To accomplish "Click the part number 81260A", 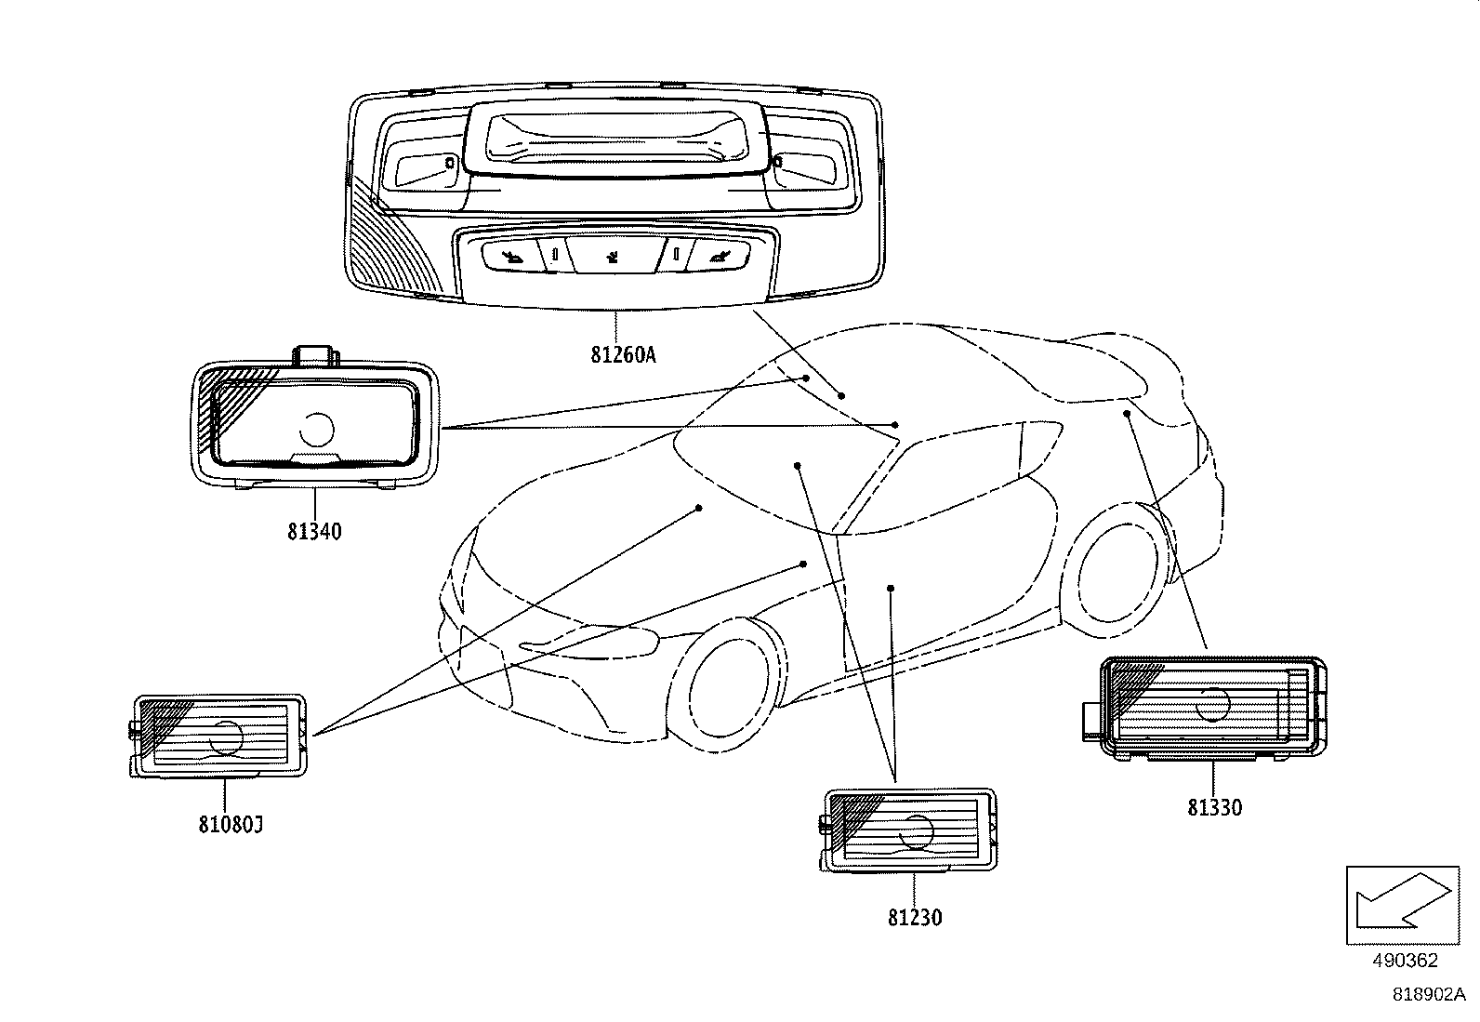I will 623,355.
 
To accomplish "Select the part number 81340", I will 314,532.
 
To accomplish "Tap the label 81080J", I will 231,824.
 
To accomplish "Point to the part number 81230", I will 915,918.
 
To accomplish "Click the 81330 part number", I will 1214,807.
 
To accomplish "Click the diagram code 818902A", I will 1428,995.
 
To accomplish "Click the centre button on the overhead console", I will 613,252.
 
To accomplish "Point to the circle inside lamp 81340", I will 316,428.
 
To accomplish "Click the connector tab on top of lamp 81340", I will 316,354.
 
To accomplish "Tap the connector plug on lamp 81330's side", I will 1090,721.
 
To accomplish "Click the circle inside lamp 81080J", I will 226,737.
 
